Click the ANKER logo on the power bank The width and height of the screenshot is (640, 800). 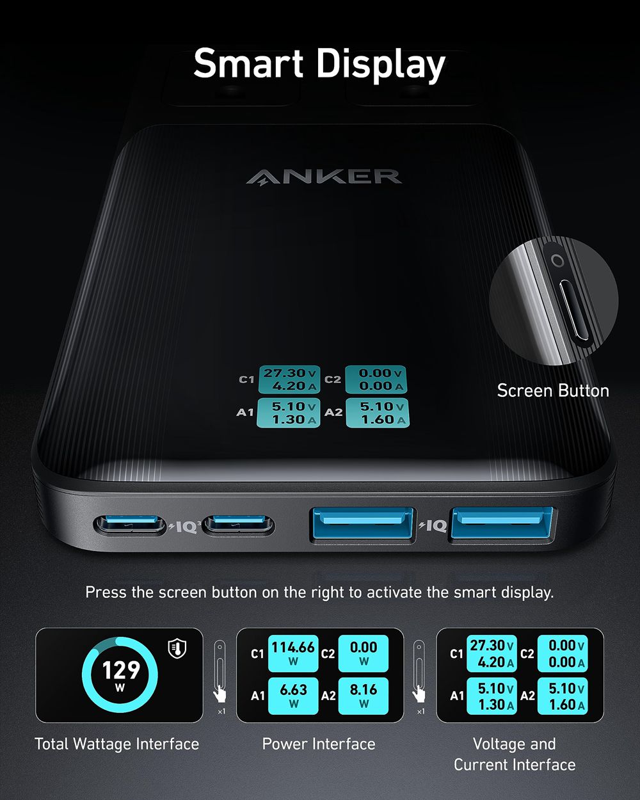(324, 176)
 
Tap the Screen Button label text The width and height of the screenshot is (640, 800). (553, 390)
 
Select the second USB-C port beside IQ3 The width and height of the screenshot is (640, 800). (239, 526)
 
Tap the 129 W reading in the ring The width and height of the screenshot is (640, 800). (120, 674)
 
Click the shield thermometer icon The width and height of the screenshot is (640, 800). (177, 648)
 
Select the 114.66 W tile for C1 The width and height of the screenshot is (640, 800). (292, 653)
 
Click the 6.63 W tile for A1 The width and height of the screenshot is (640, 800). (292, 695)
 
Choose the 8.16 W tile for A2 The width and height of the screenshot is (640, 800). (363, 695)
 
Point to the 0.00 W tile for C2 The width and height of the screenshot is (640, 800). (363, 653)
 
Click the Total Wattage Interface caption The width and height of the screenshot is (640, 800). (117, 744)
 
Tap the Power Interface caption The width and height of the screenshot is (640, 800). (319, 744)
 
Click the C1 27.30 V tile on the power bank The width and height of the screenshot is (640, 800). (289, 380)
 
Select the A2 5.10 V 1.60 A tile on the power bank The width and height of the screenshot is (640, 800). (378, 413)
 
